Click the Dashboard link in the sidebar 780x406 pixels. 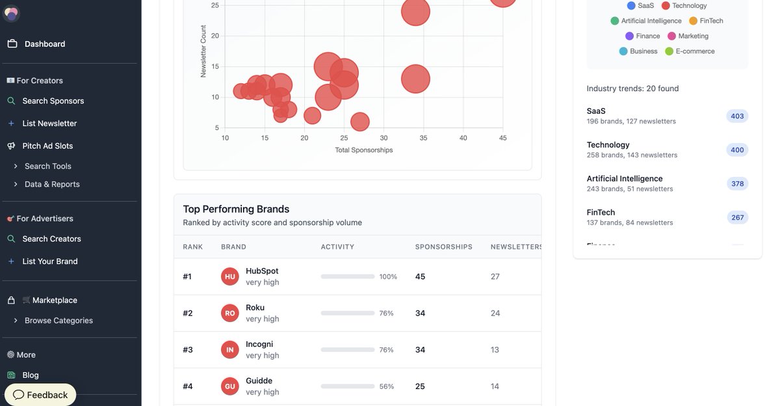click(x=44, y=44)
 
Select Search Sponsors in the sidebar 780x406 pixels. click(x=53, y=101)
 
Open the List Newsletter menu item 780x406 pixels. click(x=49, y=124)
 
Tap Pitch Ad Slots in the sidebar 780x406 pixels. click(x=47, y=146)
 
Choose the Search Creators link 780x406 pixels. click(x=51, y=239)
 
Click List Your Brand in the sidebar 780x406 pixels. click(x=49, y=262)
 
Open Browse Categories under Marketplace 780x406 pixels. click(x=58, y=321)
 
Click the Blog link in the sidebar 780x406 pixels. click(x=31, y=375)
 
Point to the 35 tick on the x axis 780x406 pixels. click(x=423, y=138)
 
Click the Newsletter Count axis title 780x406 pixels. click(x=203, y=51)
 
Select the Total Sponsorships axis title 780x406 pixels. click(x=364, y=150)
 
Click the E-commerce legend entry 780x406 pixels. click(x=695, y=51)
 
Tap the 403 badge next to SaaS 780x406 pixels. click(x=737, y=116)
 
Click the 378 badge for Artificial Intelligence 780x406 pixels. click(x=737, y=183)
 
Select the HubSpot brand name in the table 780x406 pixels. click(x=262, y=271)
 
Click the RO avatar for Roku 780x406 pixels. click(x=230, y=313)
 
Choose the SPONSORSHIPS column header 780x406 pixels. click(x=444, y=247)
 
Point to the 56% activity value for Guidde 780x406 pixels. click(x=387, y=386)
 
